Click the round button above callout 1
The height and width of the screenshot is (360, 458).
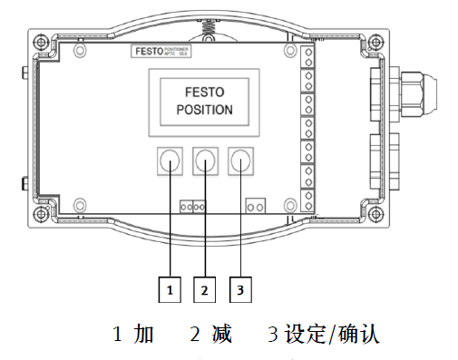click(170, 161)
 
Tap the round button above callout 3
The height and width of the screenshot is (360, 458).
click(240, 161)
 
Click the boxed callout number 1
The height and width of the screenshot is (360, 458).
click(170, 289)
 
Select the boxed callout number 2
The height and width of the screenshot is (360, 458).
click(205, 289)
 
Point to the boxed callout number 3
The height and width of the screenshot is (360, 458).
click(239, 289)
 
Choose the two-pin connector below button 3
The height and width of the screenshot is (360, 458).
click(256, 207)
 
